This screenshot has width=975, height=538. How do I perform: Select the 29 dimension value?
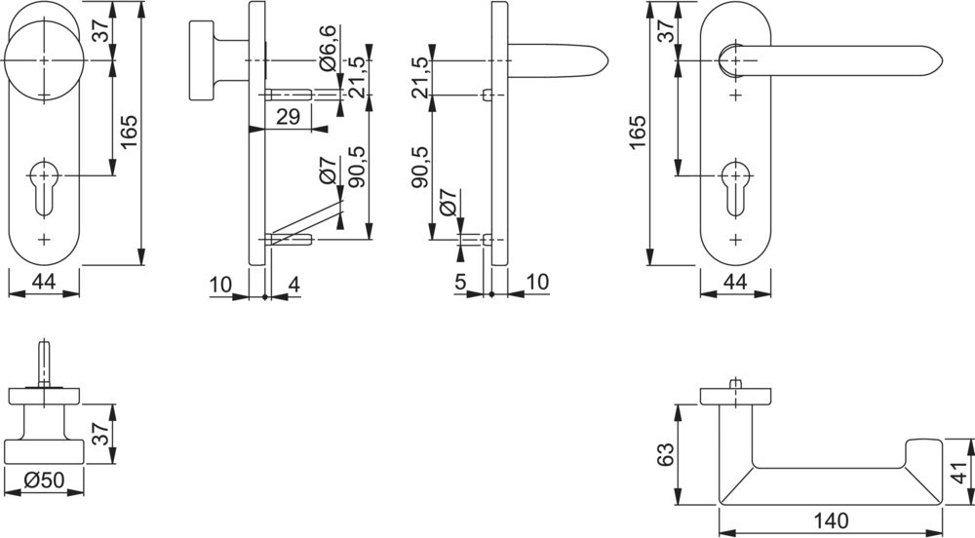[288, 116]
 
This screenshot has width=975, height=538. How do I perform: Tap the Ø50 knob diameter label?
[44, 480]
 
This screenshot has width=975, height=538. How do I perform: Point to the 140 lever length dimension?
[832, 520]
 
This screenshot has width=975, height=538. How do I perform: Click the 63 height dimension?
[665, 455]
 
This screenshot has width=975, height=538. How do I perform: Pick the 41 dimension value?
[961, 472]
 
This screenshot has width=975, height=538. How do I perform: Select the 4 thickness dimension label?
[294, 285]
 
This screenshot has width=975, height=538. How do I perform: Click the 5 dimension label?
[460, 282]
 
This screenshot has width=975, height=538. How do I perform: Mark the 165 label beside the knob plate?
[130, 132]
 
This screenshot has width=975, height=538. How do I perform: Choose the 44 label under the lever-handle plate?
[735, 282]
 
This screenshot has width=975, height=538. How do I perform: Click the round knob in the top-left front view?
[44, 60]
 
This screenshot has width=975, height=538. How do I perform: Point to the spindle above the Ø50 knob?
[44, 364]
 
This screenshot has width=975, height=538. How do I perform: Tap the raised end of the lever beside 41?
[924, 453]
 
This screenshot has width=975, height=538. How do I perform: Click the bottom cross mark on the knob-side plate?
[44, 240]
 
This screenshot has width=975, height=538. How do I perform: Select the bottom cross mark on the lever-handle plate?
[735, 240]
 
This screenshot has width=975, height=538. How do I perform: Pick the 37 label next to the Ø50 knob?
[102, 433]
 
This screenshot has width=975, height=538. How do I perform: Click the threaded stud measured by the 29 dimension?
[288, 96]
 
